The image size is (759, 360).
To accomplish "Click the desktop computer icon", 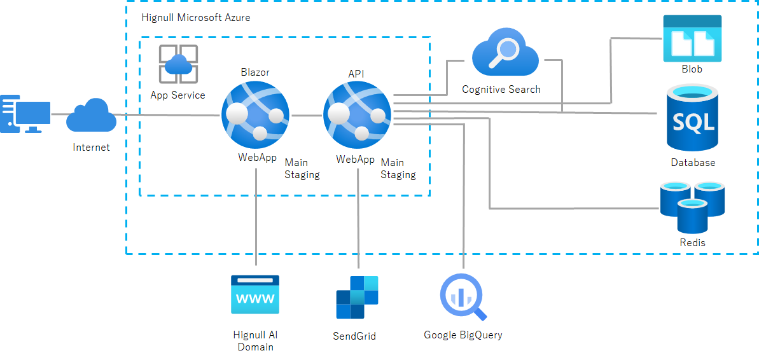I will (x=25, y=114).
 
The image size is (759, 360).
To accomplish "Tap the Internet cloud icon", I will (x=91, y=116).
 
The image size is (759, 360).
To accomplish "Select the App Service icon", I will (x=178, y=64).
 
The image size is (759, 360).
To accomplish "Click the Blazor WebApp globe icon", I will (x=255, y=115).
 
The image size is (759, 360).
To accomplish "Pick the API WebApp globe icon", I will (x=358, y=115).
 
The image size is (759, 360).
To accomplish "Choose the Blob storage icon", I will (x=692, y=38).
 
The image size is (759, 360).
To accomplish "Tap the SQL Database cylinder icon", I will (x=693, y=119).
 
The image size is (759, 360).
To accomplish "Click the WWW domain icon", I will (x=255, y=294).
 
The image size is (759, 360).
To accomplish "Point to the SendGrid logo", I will (x=358, y=297).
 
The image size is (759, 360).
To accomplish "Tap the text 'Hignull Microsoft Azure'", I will (x=196, y=18).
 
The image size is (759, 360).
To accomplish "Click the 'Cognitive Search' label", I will (x=501, y=90).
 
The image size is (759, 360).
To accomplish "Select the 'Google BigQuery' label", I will (x=463, y=335).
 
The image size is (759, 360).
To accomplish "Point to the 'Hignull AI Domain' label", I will (x=255, y=341).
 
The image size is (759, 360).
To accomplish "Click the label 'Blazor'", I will (x=255, y=73).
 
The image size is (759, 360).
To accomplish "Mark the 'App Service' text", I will (x=178, y=95).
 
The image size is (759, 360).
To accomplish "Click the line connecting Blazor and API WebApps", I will (x=306, y=116).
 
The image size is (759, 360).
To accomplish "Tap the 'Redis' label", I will (x=692, y=242).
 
